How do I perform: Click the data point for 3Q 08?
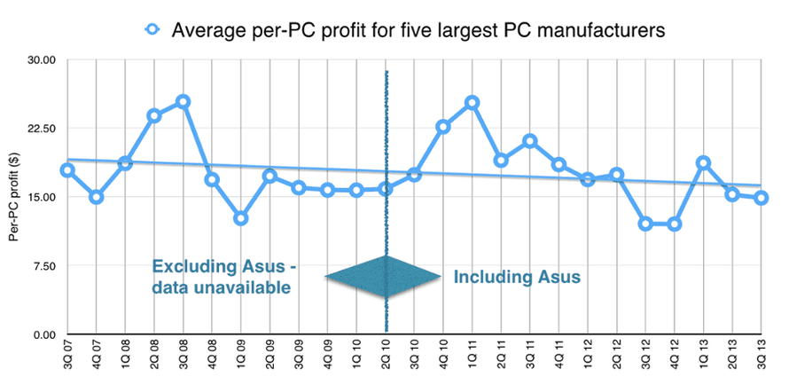(x=183, y=102)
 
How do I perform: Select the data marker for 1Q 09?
(x=241, y=218)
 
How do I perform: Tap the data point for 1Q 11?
(x=473, y=103)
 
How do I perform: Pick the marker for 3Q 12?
(x=645, y=224)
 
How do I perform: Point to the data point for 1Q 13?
(x=703, y=163)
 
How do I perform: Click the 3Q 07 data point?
(x=67, y=170)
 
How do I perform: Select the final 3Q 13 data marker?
(x=762, y=198)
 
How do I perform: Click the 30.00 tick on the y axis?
(x=43, y=60)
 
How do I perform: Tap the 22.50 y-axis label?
(x=43, y=129)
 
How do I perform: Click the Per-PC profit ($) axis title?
(x=14, y=197)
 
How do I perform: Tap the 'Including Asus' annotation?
(x=517, y=278)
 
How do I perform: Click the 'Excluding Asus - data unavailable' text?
(x=222, y=277)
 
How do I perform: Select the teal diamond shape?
(x=383, y=278)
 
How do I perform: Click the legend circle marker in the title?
(x=152, y=30)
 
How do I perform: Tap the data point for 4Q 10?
(x=443, y=127)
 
